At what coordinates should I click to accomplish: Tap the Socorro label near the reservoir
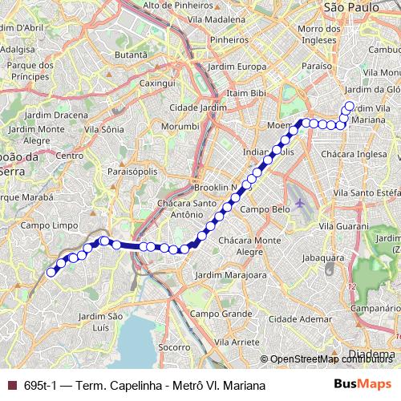[173, 347]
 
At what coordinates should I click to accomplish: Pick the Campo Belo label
[265, 209]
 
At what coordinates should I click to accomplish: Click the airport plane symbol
[300, 202]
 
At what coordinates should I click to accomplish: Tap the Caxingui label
[157, 83]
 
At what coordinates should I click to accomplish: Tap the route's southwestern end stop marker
[51, 272]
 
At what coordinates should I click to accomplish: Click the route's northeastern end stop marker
[349, 105]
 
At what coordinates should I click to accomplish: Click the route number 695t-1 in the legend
[40, 386]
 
